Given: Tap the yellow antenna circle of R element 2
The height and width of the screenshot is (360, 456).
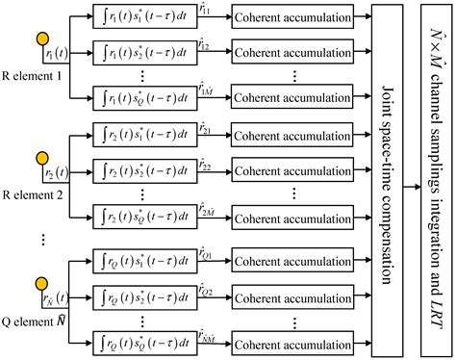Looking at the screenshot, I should [42, 157].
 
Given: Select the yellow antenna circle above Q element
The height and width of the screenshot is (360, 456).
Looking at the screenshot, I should [42, 283].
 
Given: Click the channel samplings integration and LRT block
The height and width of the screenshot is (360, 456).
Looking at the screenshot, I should [435, 174].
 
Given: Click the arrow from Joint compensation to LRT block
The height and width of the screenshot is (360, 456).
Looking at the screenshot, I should [413, 174].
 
